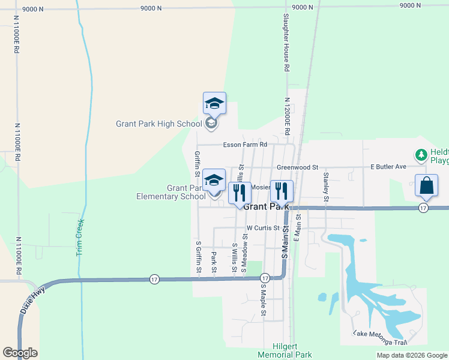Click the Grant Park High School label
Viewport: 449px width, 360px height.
pyautogui.click(x=159, y=124)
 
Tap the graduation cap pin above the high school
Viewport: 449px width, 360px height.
pyautogui.click(x=214, y=104)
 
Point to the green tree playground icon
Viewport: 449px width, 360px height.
pyautogui.click(x=421, y=155)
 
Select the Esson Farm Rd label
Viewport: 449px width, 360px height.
pyautogui.click(x=244, y=145)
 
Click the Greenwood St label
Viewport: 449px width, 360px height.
pyautogui.click(x=297, y=167)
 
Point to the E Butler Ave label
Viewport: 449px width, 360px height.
pyautogui.click(x=388, y=166)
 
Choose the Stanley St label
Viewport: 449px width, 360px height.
pyautogui.click(x=327, y=186)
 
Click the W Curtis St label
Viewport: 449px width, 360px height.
pyautogui.click(x=263, y=228)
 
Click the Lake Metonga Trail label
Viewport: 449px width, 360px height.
pyautogui.click(x=380, y=338)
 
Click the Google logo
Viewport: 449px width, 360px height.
pyautogui.click(x=20, y=353)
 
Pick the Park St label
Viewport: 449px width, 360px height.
pyautogui.click(x=214, y=262)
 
